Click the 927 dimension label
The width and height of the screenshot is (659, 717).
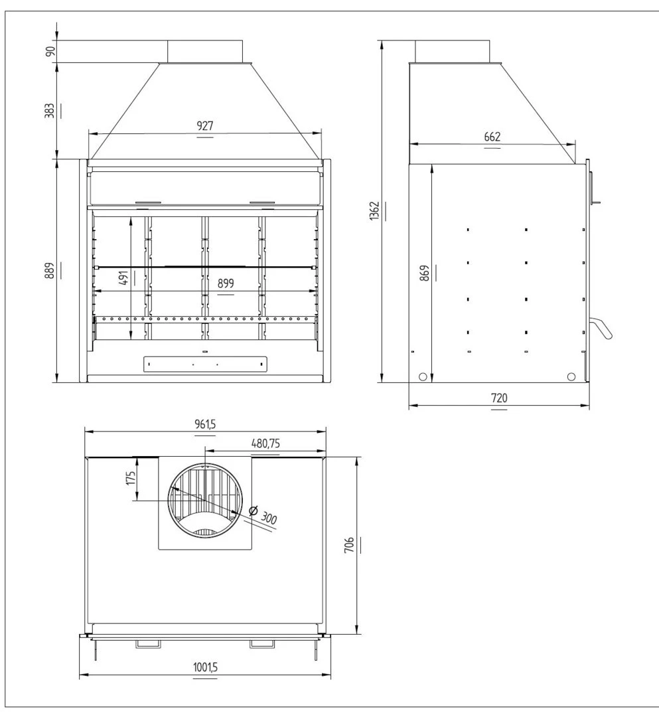coord(205,125)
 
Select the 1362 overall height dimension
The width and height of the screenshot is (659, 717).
coord(374,211)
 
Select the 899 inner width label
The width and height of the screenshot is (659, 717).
coord(226,283)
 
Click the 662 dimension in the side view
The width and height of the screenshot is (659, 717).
coord(492,137)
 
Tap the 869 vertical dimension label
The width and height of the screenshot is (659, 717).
coord(425,273)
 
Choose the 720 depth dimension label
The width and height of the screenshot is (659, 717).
coord(499,398)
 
